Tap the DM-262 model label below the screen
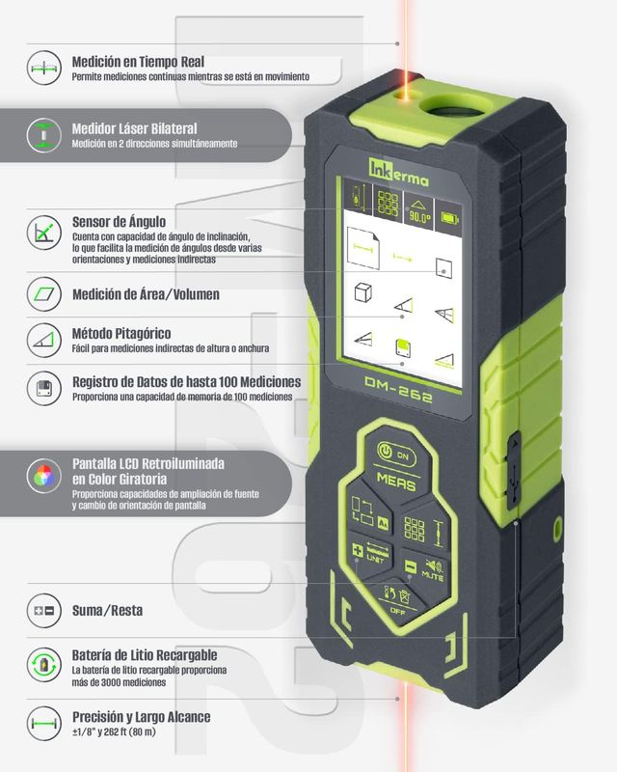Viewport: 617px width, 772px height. [x=398, y=390]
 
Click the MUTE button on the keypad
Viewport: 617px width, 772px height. [x=425, y=569]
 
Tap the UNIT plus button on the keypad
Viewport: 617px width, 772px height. [x=370, y=553]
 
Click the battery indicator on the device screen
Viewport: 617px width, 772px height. [x=449, y=218]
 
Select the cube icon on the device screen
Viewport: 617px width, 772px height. [x=363, y=292]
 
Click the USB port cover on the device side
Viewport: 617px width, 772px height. [x=512, y=470]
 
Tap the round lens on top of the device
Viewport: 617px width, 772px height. [x=453, y=105]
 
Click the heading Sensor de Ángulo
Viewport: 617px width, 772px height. [x=120, y=222]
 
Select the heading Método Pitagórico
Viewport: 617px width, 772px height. [x=121, y=333]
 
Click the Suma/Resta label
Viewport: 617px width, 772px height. [x=107, y=611]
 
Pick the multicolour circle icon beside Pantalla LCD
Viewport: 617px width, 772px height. [x=43, y=476]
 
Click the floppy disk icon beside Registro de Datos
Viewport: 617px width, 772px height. [x=43, y=388]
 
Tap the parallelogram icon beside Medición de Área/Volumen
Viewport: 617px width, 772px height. [x=43, y=294]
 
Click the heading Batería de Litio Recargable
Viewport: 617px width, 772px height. [x=145, y=655]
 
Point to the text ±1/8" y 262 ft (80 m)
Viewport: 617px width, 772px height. [x=114, y=732]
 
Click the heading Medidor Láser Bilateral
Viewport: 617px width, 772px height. [x=134, y=129]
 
